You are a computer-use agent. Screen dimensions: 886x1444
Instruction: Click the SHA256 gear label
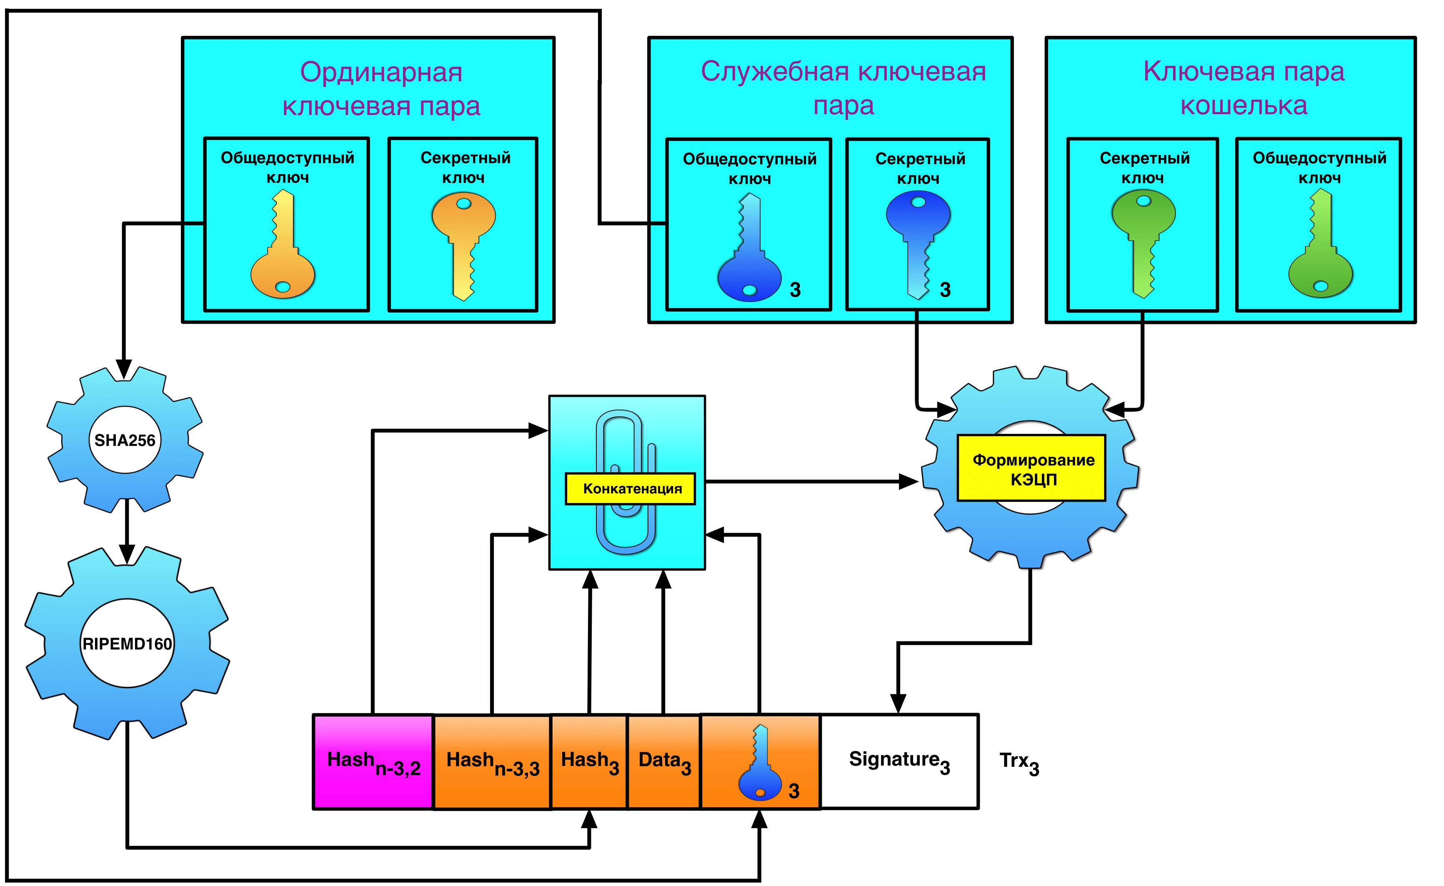coord(125,440)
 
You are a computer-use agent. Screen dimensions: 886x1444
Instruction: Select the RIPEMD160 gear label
coord(127,643)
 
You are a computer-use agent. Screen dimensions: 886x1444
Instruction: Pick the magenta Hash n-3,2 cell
coord(373,762)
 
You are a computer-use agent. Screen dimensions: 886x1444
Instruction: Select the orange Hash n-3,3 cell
coord(492,762)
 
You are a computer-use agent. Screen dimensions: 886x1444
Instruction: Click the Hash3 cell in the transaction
coord(590,761)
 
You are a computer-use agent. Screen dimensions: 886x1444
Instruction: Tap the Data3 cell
coord(664,761)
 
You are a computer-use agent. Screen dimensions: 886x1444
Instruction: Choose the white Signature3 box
coord(899,761)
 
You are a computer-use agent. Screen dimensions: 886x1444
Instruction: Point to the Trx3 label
coord(1019,762)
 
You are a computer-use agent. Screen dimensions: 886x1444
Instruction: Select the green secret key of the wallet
coord(1144,243)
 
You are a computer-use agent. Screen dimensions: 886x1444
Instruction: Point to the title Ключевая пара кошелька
coord(1244,88)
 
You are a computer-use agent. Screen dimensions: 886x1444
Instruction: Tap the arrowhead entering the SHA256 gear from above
coord(124,369)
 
